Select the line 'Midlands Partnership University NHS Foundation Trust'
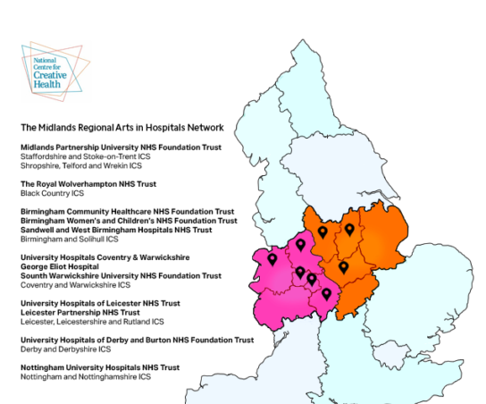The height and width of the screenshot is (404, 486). (121, 147)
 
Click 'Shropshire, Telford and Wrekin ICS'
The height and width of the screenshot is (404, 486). (81, 165)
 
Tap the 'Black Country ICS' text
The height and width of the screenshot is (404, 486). (52, 193)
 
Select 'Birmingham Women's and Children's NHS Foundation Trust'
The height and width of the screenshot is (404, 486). (129, 221)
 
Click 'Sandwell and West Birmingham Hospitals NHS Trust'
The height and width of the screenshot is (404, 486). (116, 230)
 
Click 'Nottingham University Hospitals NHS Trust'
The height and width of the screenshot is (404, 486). (100, 367)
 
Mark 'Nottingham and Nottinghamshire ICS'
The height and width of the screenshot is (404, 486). (86, 377)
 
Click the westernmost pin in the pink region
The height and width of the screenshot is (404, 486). (272, 259)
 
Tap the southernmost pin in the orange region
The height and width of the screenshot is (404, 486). (343, 266)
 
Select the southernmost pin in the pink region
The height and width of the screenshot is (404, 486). (327, 294)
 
